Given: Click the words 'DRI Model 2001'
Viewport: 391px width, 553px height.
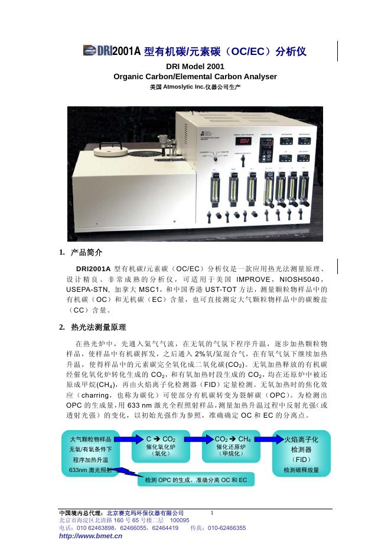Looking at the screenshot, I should (195, 67).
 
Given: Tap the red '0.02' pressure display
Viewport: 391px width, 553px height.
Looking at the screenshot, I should (244, 142).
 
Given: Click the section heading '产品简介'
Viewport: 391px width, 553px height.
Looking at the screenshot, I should (86, 253).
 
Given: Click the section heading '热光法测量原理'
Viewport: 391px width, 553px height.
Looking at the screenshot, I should (98, 327).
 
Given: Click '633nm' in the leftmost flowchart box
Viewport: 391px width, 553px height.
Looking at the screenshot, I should (80, 470).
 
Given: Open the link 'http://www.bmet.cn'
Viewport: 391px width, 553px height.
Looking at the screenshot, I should (91, 536).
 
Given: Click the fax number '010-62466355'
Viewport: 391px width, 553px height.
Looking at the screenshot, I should (226, 528).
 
